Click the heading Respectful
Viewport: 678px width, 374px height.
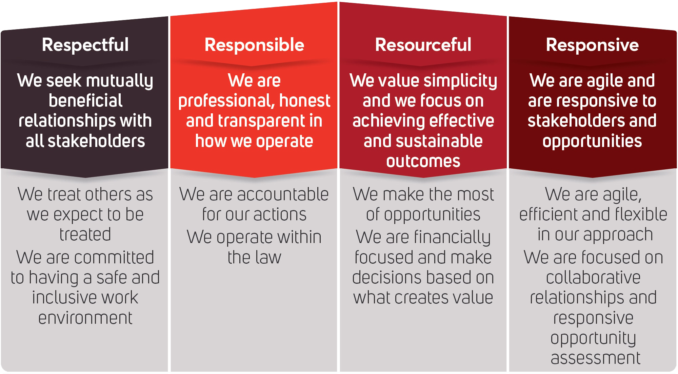point(85,45)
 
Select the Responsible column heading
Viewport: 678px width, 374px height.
point(254,45)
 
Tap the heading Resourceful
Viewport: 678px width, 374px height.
point(423,44)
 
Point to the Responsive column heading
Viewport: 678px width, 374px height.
point(592,45)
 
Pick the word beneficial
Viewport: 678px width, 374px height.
point(85,101)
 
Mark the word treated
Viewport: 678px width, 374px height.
point(85,235)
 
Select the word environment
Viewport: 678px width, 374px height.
point(85,318)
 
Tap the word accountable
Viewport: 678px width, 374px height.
point(283,194)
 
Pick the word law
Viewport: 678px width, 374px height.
point(268,257)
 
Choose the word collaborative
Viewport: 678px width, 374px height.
point(593,277)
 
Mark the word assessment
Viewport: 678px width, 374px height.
point(596,358)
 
